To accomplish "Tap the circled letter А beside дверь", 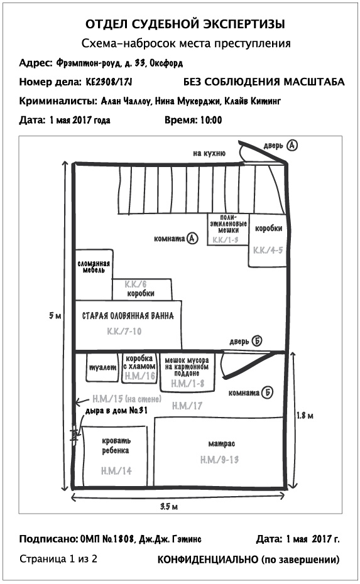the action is coord(292,145).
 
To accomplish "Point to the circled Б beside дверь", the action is coord(256,341).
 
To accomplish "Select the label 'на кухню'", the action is coord(209,153).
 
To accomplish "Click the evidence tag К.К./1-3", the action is coord(226,241).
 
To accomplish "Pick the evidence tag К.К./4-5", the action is coord(268,251).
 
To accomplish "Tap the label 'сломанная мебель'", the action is coord(94,266).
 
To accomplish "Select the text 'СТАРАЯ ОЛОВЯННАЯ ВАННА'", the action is coord(128,316).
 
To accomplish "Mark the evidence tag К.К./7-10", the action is coord(124,331).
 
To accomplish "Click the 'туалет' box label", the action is coord(103,367).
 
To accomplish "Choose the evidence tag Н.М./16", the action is coord(140,376).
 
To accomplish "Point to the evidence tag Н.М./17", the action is coord(187,406).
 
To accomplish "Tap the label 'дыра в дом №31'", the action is coord(116,411).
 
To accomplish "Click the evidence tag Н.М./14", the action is coord(116,471).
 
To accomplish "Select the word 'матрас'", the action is coord(222,443).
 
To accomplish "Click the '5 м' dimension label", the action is coord(55,315).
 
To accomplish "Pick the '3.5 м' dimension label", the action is coord(169,506).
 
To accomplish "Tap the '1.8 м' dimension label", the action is coord(305,415).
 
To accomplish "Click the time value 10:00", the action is coord(211,120).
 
